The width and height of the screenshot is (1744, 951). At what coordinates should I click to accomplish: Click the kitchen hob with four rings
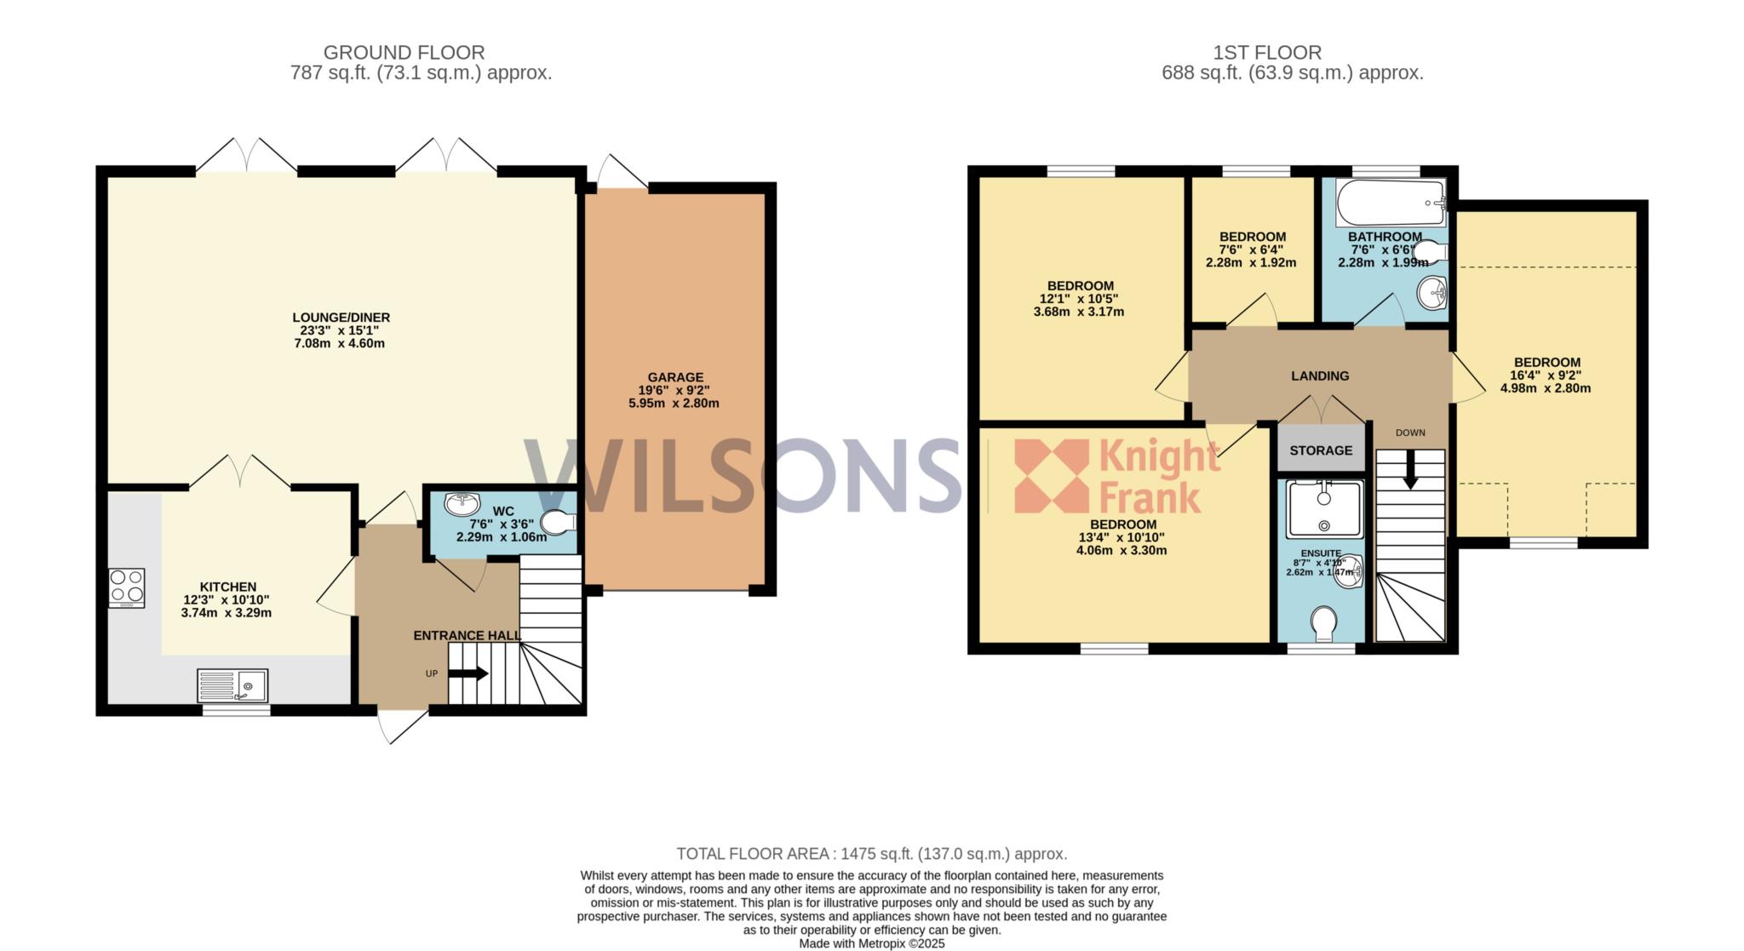click(127, 587)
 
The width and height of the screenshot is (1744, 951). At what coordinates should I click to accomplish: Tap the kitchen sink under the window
click(232, 685)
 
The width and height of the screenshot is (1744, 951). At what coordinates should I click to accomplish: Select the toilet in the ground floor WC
click(559, 523)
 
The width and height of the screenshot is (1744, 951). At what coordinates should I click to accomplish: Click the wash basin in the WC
click(462, 500)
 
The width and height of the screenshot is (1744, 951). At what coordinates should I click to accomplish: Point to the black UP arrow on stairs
click(468, 673)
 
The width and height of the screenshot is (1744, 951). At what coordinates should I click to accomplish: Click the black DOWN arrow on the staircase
click(1410, 469)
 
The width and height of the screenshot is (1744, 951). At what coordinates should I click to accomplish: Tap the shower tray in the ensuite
click(1324, 509)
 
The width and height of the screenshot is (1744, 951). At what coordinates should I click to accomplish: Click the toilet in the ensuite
click(1324, 623)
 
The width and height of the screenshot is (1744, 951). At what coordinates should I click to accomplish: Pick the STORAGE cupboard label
click(1321, 450)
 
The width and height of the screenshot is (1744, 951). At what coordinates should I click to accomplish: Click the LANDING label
click(1320, 375)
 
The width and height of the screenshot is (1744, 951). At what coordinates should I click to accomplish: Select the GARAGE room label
click(675, 377)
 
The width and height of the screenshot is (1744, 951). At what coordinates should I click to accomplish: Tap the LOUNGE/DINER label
click(341, 318)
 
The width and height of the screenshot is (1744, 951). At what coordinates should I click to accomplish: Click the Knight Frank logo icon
click(1052, 475)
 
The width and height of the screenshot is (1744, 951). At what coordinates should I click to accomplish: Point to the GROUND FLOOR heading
click(404, 53)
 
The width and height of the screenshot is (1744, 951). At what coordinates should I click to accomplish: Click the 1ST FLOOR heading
click(1267, 53)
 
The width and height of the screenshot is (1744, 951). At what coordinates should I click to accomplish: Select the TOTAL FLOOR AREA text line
click(872, 854)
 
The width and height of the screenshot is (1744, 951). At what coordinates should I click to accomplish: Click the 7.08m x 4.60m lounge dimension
click(341, 343)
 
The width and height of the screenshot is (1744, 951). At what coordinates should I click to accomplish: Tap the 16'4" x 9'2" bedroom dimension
click(1546, 375)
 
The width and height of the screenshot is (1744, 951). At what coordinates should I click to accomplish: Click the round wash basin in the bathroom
click(1433, 295)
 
